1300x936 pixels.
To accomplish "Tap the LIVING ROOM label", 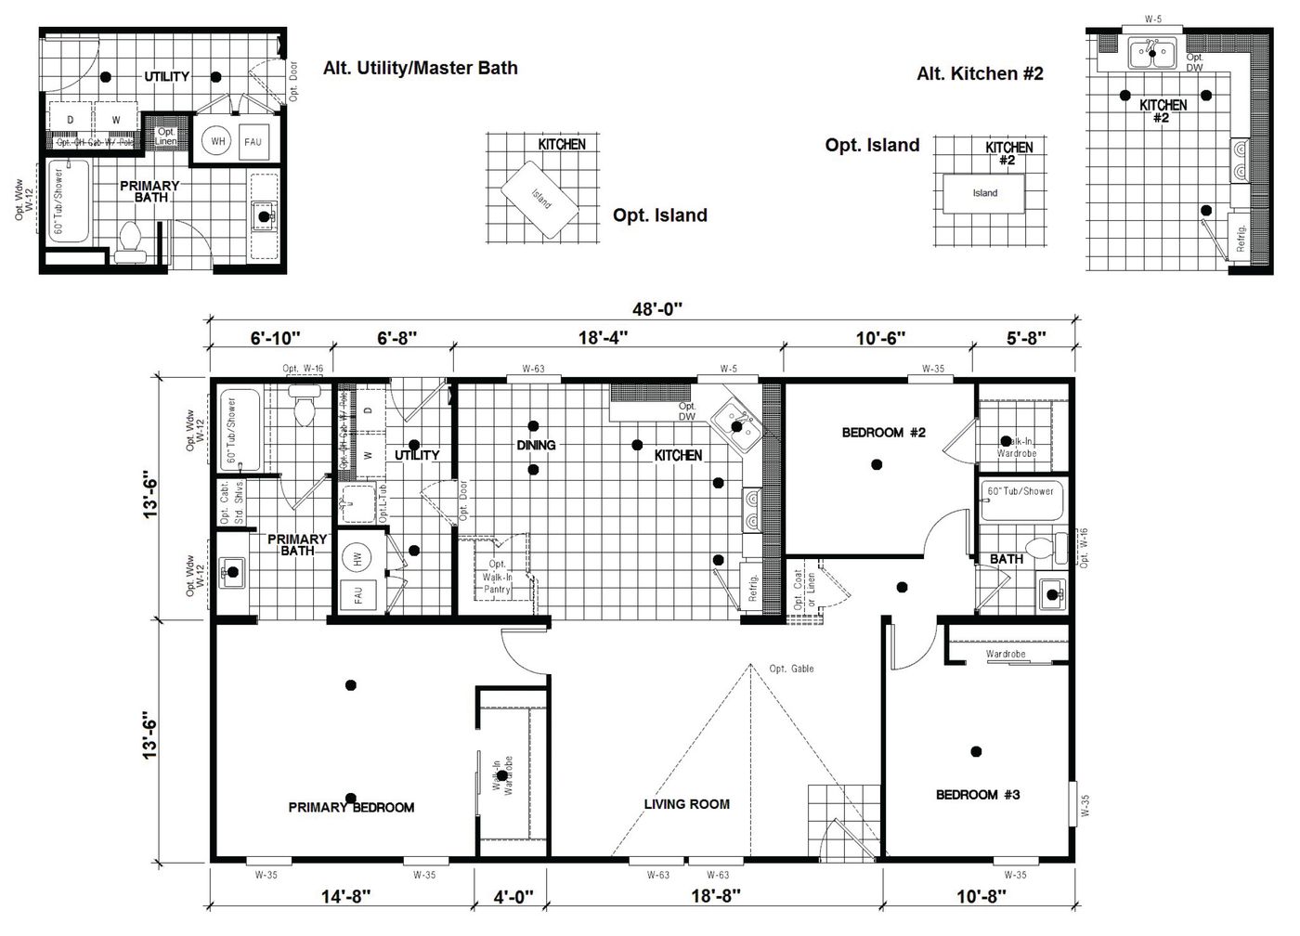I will click(686, 804).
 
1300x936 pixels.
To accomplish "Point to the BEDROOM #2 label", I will click(883, 432).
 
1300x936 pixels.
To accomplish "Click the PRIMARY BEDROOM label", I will click(351, 808).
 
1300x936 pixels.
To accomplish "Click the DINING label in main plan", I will click(536, 445).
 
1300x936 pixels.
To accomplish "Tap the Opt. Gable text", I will click(791, 669).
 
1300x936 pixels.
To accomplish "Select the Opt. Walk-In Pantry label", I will click(497, 577).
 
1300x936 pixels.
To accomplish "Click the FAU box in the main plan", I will click(357, 594).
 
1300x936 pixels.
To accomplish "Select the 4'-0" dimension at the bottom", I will click(512, 897).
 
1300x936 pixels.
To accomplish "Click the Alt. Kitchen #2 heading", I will click(980, 73).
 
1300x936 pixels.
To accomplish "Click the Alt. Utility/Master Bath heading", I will click(420, 68).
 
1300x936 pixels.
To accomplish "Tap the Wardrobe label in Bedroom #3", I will click(1005, 655).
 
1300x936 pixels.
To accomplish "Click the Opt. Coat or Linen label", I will click(804, 591).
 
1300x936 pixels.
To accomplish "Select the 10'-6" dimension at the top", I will click(877, 338).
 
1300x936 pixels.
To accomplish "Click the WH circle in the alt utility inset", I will click(218, 141).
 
